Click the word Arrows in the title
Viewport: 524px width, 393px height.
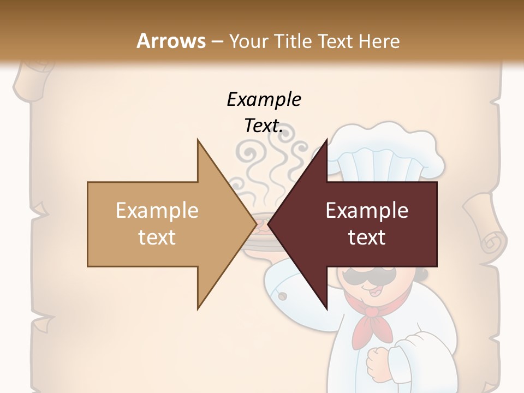[x=171, y=41]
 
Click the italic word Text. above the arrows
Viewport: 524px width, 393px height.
[x=264, y=126]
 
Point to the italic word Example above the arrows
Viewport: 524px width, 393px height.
[x=264, y=99]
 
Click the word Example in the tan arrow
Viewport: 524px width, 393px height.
[x=157, y=210]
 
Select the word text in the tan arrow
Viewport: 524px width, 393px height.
[x=157, y=237]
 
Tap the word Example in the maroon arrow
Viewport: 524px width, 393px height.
[x=367, y=210]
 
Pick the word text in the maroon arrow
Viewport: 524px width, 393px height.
[x=367, y=237]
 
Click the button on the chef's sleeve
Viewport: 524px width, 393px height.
[x=283, y=296]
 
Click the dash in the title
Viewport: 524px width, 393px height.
[x=216, y=41]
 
